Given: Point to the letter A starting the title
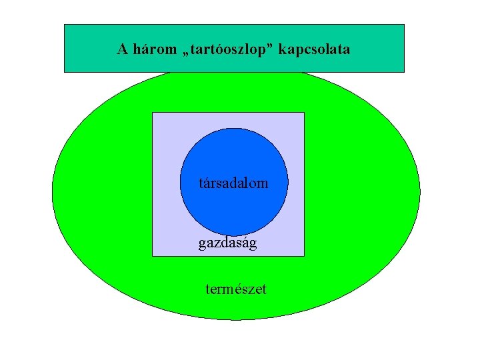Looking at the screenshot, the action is point(122,49).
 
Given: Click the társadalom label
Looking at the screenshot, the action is point(233,182).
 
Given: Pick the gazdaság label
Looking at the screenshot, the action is point(227,243).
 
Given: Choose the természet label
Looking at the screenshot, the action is point(236,289).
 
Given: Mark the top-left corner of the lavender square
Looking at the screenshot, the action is point(153,113).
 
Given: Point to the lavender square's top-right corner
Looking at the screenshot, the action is point(304,113).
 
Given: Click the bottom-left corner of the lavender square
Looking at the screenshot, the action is point(153,256).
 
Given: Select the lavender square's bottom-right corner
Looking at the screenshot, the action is point(304,256).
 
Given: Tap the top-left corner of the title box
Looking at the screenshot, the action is point(64,25).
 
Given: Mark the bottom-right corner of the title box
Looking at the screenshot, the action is point(404,71).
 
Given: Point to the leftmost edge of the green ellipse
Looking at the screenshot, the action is point(53,193).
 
